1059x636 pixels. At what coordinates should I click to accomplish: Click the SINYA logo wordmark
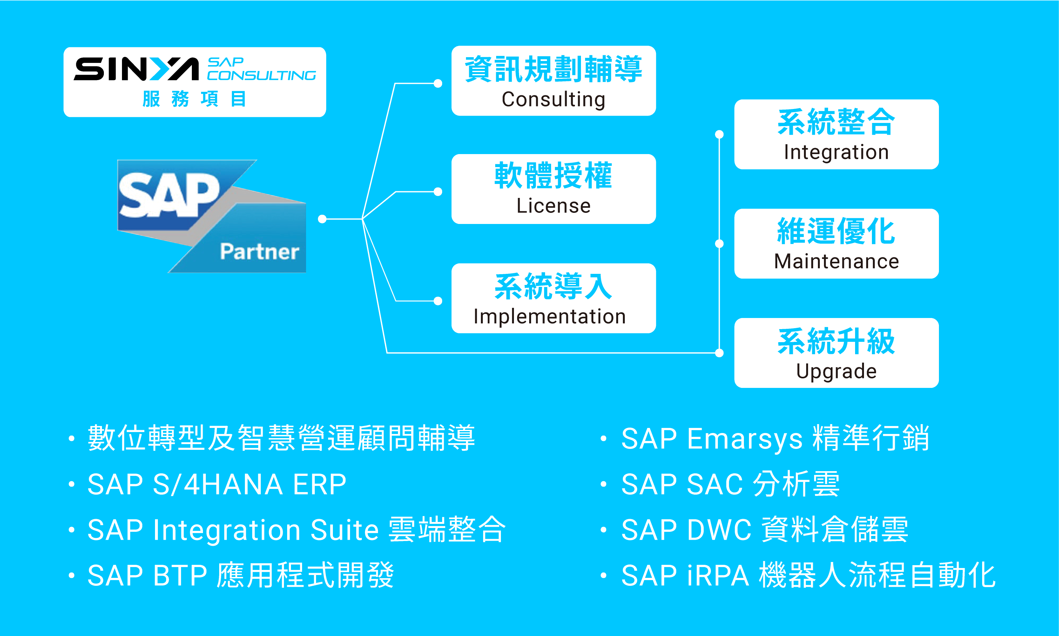tap(136, 69)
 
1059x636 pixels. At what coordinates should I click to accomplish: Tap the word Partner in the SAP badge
tap(260, 252)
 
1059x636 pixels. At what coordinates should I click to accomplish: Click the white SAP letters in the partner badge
tap(169, 195)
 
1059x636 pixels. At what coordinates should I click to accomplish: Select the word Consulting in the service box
tap(554, 99)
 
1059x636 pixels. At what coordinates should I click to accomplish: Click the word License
tap(554, 206)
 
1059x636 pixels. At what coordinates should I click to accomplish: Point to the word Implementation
tap(550, 317)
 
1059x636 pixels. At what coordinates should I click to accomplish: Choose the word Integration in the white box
tap(836, 152)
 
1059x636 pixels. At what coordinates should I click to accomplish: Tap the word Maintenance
tap(836, 261)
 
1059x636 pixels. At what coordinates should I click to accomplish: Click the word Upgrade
tap(836, 371)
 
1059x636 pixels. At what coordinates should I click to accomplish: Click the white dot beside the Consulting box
tap(438, 83)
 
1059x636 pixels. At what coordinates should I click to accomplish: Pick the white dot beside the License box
tap(438, 192)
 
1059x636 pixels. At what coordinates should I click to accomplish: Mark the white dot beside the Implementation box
tap(438, 301)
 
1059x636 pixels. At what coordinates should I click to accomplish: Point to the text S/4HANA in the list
tap(217, 484)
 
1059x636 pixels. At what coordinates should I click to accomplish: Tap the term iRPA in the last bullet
tap(718, 575)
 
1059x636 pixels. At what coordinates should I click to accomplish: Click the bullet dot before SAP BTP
tap(71, 575)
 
